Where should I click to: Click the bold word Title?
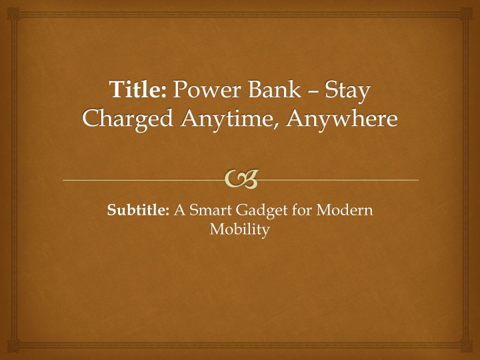[139, 89]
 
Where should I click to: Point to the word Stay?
[347, 91]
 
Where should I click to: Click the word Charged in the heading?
[128, 119]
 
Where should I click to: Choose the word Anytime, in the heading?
[230, 119]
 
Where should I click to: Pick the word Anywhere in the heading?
[342, 119]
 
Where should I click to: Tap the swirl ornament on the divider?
[241, 179]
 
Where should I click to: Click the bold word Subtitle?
[138, 210]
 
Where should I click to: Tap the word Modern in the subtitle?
[345, 210]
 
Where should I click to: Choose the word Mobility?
[240, 229]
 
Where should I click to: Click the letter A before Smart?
[180, 210]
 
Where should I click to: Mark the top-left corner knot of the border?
[13, 14]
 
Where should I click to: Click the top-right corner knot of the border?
[466, 14]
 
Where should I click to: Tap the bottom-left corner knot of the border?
[13, 346]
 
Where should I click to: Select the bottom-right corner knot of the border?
[466, 346]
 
